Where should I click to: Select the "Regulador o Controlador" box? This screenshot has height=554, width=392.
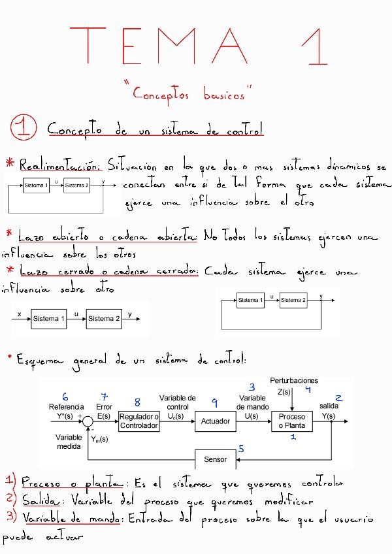[x=139, y=421]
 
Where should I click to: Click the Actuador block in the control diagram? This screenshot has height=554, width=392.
[x=215, y=421]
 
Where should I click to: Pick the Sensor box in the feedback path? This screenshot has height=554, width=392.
[x=215, y=459]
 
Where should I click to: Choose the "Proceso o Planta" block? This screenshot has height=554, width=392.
[x=292, y=421]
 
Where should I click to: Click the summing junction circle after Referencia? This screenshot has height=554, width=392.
[x=87, y=421]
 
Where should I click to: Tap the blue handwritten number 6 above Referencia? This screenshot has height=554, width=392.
[x=65, y=397]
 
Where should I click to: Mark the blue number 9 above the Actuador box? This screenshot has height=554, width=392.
[x=214, y=402]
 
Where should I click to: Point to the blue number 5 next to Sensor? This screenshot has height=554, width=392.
[x=241, y=449]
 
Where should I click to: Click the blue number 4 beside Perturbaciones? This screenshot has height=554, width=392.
[x=308, y=389]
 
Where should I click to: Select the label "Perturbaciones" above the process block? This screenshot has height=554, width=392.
[x=294, y=380]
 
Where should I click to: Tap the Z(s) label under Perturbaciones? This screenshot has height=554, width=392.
[x=284, y=392]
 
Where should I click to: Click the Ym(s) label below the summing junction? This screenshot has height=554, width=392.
[x=100, y=439]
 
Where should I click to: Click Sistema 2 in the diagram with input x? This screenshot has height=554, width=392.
[x=104, y=319]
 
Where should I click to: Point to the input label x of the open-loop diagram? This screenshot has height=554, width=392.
[x=20, y=314]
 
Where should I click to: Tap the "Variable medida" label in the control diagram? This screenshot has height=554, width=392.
[x=69, y=442]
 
